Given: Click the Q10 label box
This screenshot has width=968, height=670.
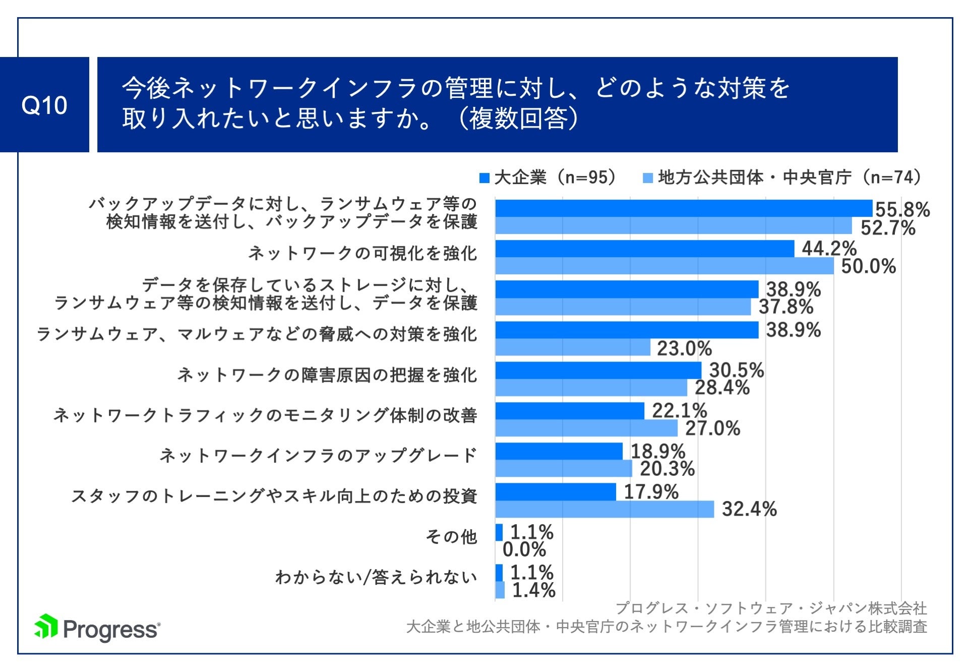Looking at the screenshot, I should pyautogui.click(x=44, y=105).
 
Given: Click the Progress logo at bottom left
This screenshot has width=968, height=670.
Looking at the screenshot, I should pyautogui.click(x=97, y=628).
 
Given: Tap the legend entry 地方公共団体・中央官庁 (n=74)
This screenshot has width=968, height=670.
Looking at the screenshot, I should pyautogui.click(x=784, y=177).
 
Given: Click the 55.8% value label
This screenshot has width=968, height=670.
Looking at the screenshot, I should pyautogui.click(x=902, y=210).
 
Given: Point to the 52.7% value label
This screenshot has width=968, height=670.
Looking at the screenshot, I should pyautogui.click(x=887, y=228).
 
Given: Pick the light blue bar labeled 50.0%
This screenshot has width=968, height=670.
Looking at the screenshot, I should pyautogui.click(x=664, y=266).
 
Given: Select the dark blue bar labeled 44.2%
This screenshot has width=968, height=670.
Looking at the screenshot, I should pyautogui.click(x=644, y=249).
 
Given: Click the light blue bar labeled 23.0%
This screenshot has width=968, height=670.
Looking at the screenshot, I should pyautogui.click(x=573, y=347).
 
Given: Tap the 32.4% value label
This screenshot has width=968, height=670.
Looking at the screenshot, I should pyautogui.click(x=749, y=509).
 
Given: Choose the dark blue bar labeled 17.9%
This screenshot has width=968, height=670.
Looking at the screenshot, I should pyautogui.click(x=556, y=492).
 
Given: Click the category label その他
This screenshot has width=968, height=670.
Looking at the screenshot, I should pyautogui.click(x=451, y=536).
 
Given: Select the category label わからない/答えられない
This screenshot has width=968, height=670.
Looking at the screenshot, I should pyautogui.click(x=376, y=577).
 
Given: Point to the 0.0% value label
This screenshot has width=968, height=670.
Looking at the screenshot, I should pyautogui.click(x=524, y=550).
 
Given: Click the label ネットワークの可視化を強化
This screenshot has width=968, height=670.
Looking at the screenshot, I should pyautogui.click(x=362, y=253).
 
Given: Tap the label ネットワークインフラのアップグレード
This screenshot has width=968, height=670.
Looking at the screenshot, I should pyautogui.click(x=318, y=456).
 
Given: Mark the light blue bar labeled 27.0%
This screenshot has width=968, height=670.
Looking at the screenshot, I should pyautogui.click(x=586, y=428).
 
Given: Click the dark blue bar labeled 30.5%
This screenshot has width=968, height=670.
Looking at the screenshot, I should pyautogui.click(x=598, y=370).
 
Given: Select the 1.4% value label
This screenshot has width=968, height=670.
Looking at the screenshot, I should pyautogui.click(x=533, y=590).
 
